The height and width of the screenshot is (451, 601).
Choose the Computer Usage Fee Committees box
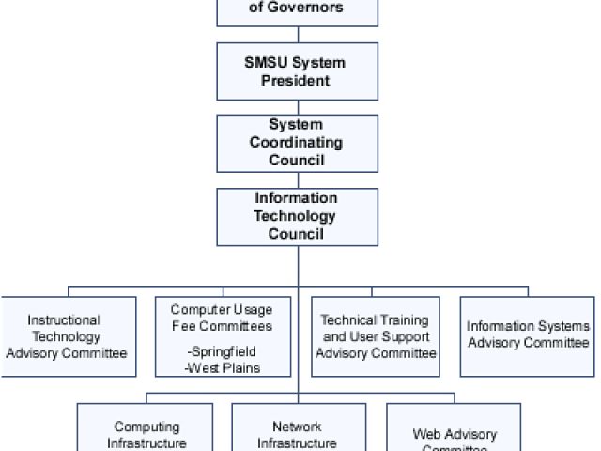pyautogui.click(x=222, y=336)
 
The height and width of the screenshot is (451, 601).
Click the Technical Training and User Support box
pyautogui.click(x=376, y=336)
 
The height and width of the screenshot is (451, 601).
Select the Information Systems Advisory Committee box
pyautogui.click(x=528, y=335)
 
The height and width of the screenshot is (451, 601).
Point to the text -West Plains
pyautogui.click(x=222, y=367)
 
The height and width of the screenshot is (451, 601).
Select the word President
pyautogui.click(x=296, y=81)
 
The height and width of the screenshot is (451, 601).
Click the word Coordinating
pyautogui.click(x=296, y=143)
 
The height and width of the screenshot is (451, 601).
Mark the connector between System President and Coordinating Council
pyautogui.click(x=298, y=107)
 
